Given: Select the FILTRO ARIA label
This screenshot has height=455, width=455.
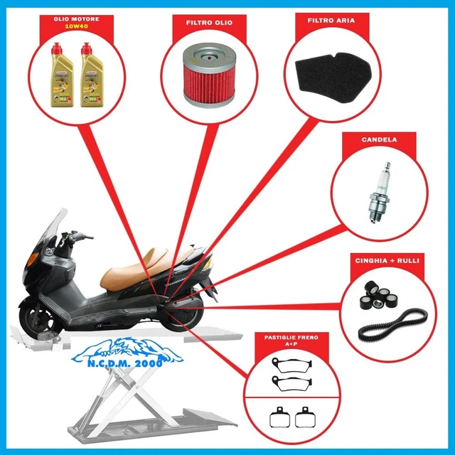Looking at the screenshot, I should point(331,21).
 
